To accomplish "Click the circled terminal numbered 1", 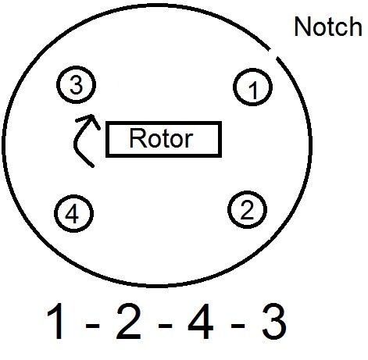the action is pos(252,87).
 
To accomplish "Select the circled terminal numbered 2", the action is pos(247,210).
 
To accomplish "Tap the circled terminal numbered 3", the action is pos(76,84).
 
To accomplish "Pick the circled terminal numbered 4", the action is pos(73,213).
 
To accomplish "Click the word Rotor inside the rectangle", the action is pos(161,138).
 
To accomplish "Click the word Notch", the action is pos(328,27).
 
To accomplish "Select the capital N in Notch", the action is pos(302,27).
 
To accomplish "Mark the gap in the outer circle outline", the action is pos(273,53).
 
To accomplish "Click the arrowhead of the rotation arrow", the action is pos(91,120).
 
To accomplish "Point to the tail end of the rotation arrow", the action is pos(93,166).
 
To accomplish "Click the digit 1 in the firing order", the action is pos(56,321).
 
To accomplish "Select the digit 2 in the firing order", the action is pos(128,321).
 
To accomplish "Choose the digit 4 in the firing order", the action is pos(201,321).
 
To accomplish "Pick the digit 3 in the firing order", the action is pos(274,321).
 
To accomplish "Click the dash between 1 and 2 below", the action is pos(92,326).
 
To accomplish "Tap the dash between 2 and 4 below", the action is pos(165,326).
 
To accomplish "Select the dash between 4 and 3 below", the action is pos(238,326).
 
